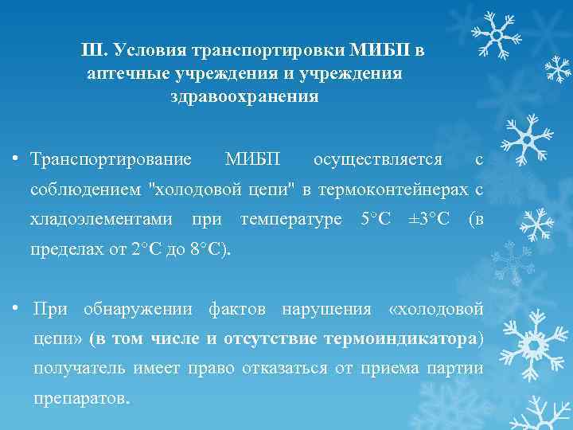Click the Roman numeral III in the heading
tap(93, 51)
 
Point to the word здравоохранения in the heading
tap(244, 97)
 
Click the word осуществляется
tap(378, 159)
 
